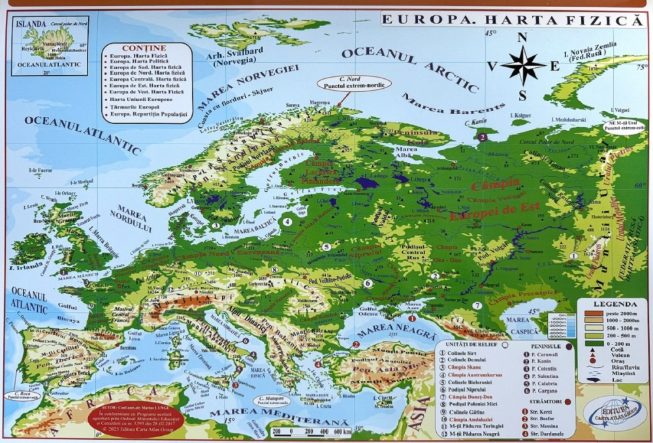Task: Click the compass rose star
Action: (x=523, y=65)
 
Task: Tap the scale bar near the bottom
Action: (x=313, y=431)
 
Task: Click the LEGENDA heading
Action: (x=611, y=304)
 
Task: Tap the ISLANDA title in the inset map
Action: (x=30, y=23)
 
